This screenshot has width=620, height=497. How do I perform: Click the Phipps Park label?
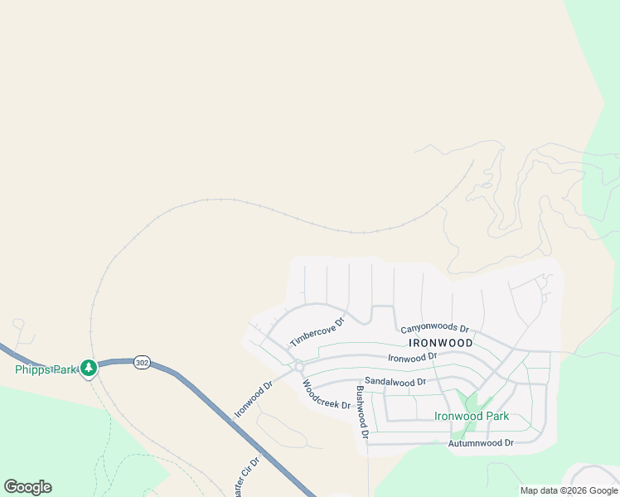tap(46, 369)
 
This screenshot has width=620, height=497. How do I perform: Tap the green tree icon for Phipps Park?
tap(88, 367)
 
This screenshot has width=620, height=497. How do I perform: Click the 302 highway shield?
tap(142, 363)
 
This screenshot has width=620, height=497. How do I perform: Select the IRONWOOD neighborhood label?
tap(440, 342)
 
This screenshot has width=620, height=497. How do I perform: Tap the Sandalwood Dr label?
tap(395, 382)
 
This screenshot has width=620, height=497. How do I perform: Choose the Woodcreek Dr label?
tap(326, 394)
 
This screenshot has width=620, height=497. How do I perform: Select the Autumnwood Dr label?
tap(481, 443)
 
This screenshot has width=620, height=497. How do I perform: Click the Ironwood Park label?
tap(472, 416)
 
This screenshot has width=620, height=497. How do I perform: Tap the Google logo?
tap(28, 487)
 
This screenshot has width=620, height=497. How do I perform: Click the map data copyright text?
tap(569, 490)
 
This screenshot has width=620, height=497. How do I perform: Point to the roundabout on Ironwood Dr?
tap(298, 366)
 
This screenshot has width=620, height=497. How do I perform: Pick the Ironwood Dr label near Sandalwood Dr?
tap(413, 357)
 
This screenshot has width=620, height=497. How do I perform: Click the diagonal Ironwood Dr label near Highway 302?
tap(253, 399)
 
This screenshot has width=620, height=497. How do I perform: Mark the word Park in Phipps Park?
tap(64, 369)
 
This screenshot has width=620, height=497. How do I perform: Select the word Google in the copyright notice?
tap(598, 490)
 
